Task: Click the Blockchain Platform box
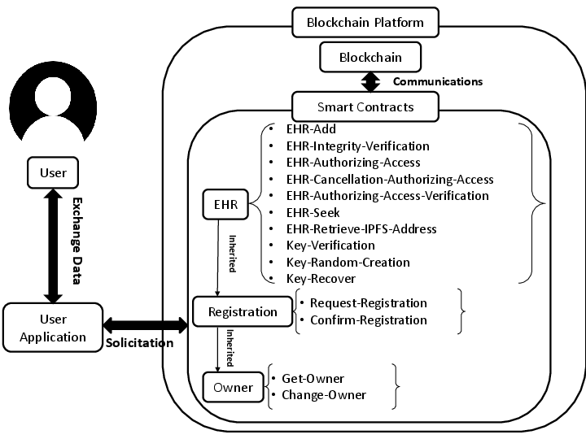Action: tap(365, 22)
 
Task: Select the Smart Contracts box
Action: tap(365, 106)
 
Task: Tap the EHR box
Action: tap(225, 205)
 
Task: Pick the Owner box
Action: tap(234, 387)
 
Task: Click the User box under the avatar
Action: tap(53, 172)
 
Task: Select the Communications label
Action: tap(437, 81)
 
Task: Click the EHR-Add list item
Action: tap(311, 129)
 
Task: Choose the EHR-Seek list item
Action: tap(313, 212)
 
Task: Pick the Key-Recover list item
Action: tap(321, 279)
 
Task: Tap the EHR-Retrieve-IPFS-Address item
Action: tap(361, 229)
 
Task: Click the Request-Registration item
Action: tap(368, 302)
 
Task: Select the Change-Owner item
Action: tap(323, 395)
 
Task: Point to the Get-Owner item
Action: tap(313, 379)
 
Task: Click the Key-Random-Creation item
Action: tap(348, 263)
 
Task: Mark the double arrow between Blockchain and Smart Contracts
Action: tap(371, 81)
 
